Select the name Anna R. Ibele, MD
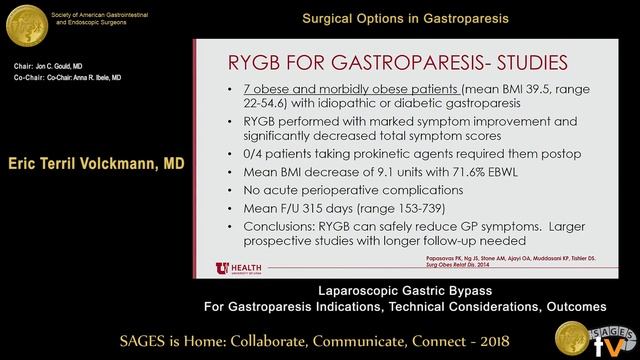pos(89,77)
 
